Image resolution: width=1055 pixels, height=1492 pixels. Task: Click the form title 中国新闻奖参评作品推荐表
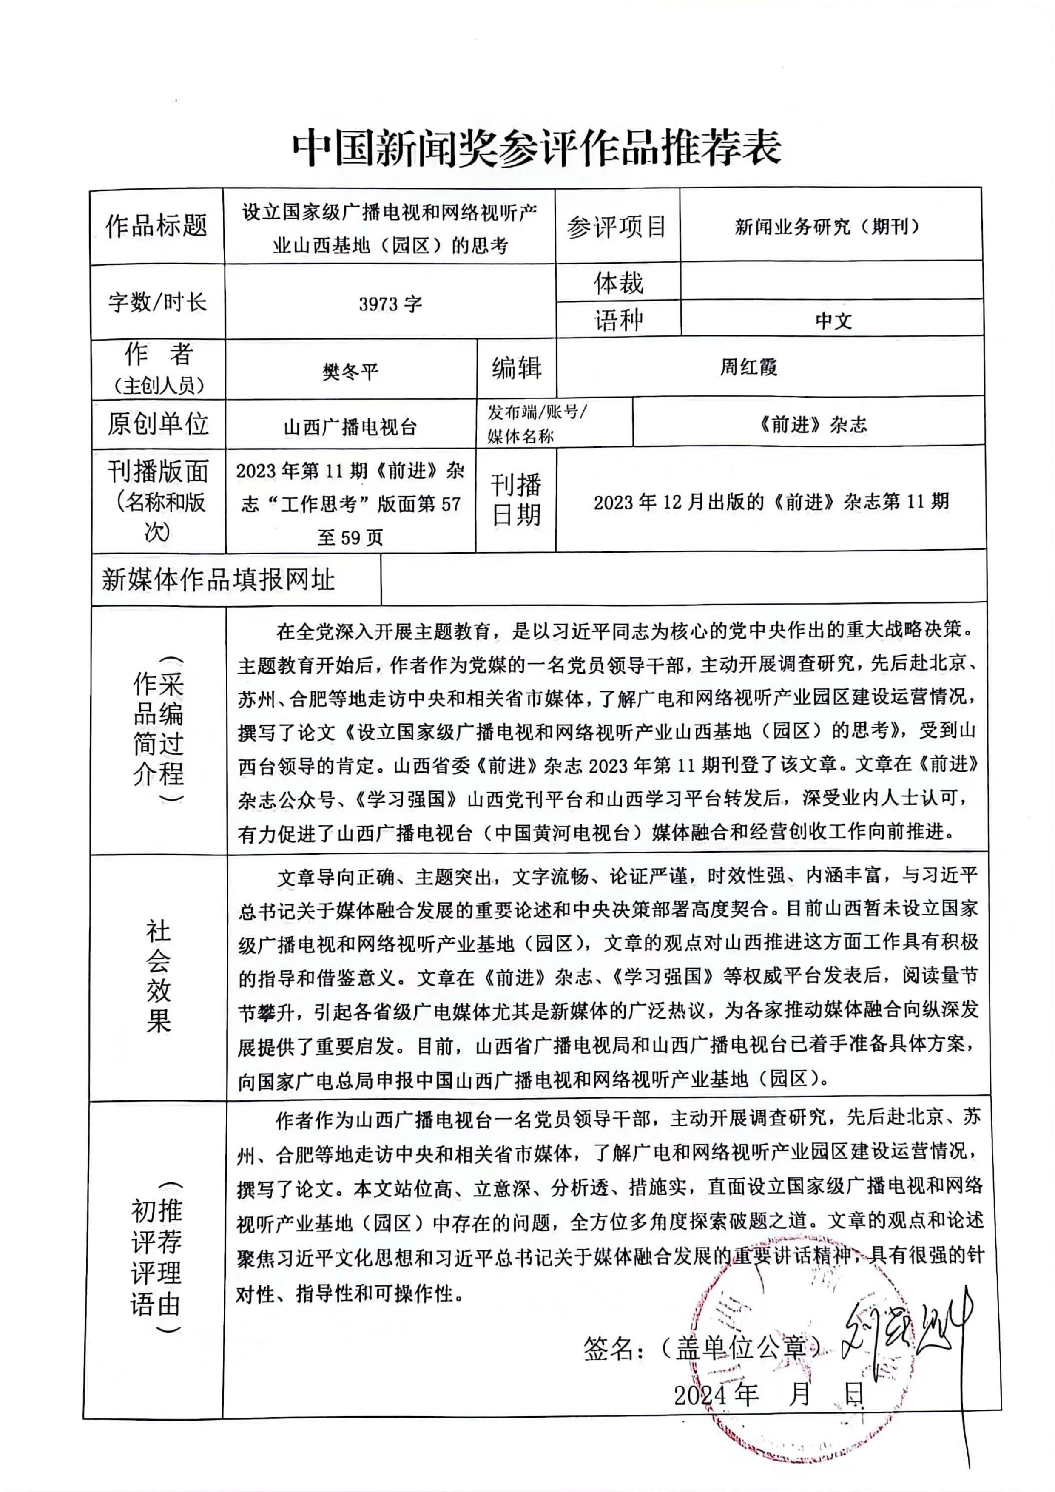[x=536, y=148]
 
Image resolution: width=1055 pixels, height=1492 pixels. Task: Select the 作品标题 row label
[x=156, y=226]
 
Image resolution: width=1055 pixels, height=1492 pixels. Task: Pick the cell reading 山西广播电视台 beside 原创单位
[x=350, y=427]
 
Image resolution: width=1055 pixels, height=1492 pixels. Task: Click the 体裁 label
[x=618, y=283]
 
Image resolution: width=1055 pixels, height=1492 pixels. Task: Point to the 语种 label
[x=618, y=320]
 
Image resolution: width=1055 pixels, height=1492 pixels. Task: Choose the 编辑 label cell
[x=517, y=368]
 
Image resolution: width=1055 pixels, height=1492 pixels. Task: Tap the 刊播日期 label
[x=516, y=500]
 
